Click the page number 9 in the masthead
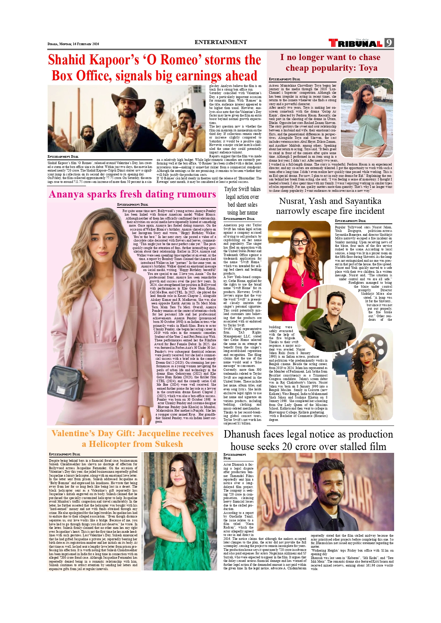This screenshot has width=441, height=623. point(389,43)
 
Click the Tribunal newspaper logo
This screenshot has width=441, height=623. point(355,43)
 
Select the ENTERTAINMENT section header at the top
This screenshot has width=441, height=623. point(220,42)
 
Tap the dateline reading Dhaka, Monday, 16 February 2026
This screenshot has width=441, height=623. point(73,44)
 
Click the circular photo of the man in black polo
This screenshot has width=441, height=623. point(323,311)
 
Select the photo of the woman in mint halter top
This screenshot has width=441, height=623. point(367,118)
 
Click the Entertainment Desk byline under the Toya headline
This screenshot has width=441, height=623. point(284,79)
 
